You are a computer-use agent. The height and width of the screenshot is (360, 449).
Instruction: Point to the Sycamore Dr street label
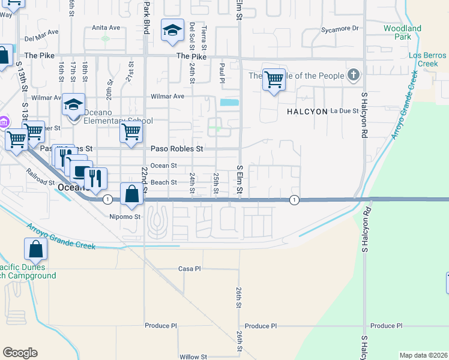click(x=339, y=28)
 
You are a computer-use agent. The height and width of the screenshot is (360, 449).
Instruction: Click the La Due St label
click(x=345, y=111)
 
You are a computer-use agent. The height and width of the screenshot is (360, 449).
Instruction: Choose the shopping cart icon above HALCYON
click(x=274, y=79)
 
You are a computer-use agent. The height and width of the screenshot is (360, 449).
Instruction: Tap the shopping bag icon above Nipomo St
click(x=131, y=194)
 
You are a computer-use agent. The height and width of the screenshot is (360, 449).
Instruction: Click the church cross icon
click(x=354, y=76)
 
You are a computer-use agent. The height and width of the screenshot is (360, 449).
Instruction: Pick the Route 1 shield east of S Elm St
click(x=294, y=199)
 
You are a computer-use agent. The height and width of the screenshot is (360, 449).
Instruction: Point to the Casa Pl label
click(x=189, y=269)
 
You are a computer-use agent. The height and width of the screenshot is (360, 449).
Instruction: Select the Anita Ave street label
click(x=106, y=28)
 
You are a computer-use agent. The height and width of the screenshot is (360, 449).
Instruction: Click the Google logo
click(x=20, y=352)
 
